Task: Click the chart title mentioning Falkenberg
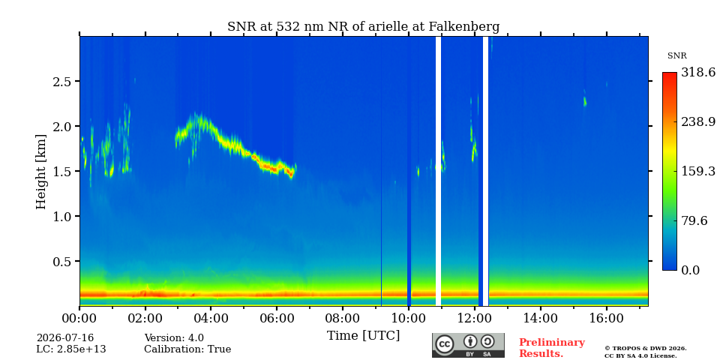(363, 27)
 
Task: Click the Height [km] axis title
(41, 172)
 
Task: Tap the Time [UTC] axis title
(363, 336)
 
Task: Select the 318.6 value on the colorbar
(698, 72)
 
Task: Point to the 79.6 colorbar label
(694, 220)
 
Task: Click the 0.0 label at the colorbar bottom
(691, 270)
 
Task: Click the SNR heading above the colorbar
(676, 56)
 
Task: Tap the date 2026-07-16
(65, 338)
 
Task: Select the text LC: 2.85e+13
(71, 349)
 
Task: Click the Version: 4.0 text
(174, 338)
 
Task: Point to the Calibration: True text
(187, 349)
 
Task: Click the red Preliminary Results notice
(552, 348)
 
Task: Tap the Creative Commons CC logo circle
(445, 344)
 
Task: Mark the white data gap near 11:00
(438, 171)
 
